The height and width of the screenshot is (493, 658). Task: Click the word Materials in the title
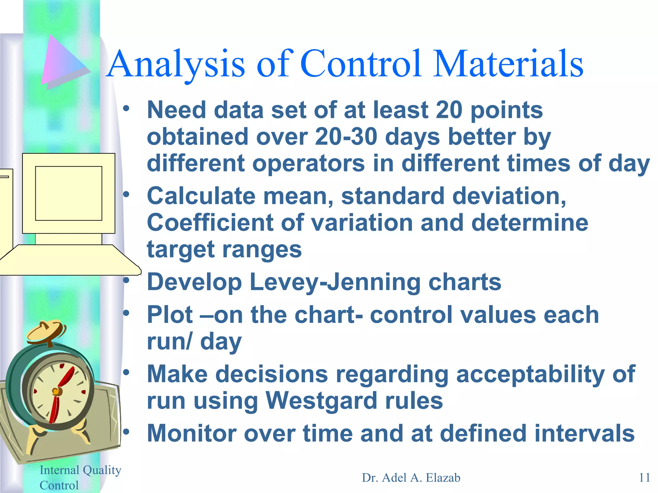click(508, 64)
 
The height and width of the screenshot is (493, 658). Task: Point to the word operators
click(308, 163)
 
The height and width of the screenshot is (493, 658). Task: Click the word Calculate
click(201, 196)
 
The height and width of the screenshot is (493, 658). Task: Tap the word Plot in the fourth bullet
click(170, 315)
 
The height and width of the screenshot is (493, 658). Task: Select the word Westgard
click(321, 401)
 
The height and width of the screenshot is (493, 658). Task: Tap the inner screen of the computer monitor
click(68, 193)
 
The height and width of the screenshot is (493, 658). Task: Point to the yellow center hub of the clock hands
click(56, 391)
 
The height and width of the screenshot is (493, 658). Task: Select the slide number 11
click(644, 478)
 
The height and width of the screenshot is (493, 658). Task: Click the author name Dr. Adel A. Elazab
click(411, 478)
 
